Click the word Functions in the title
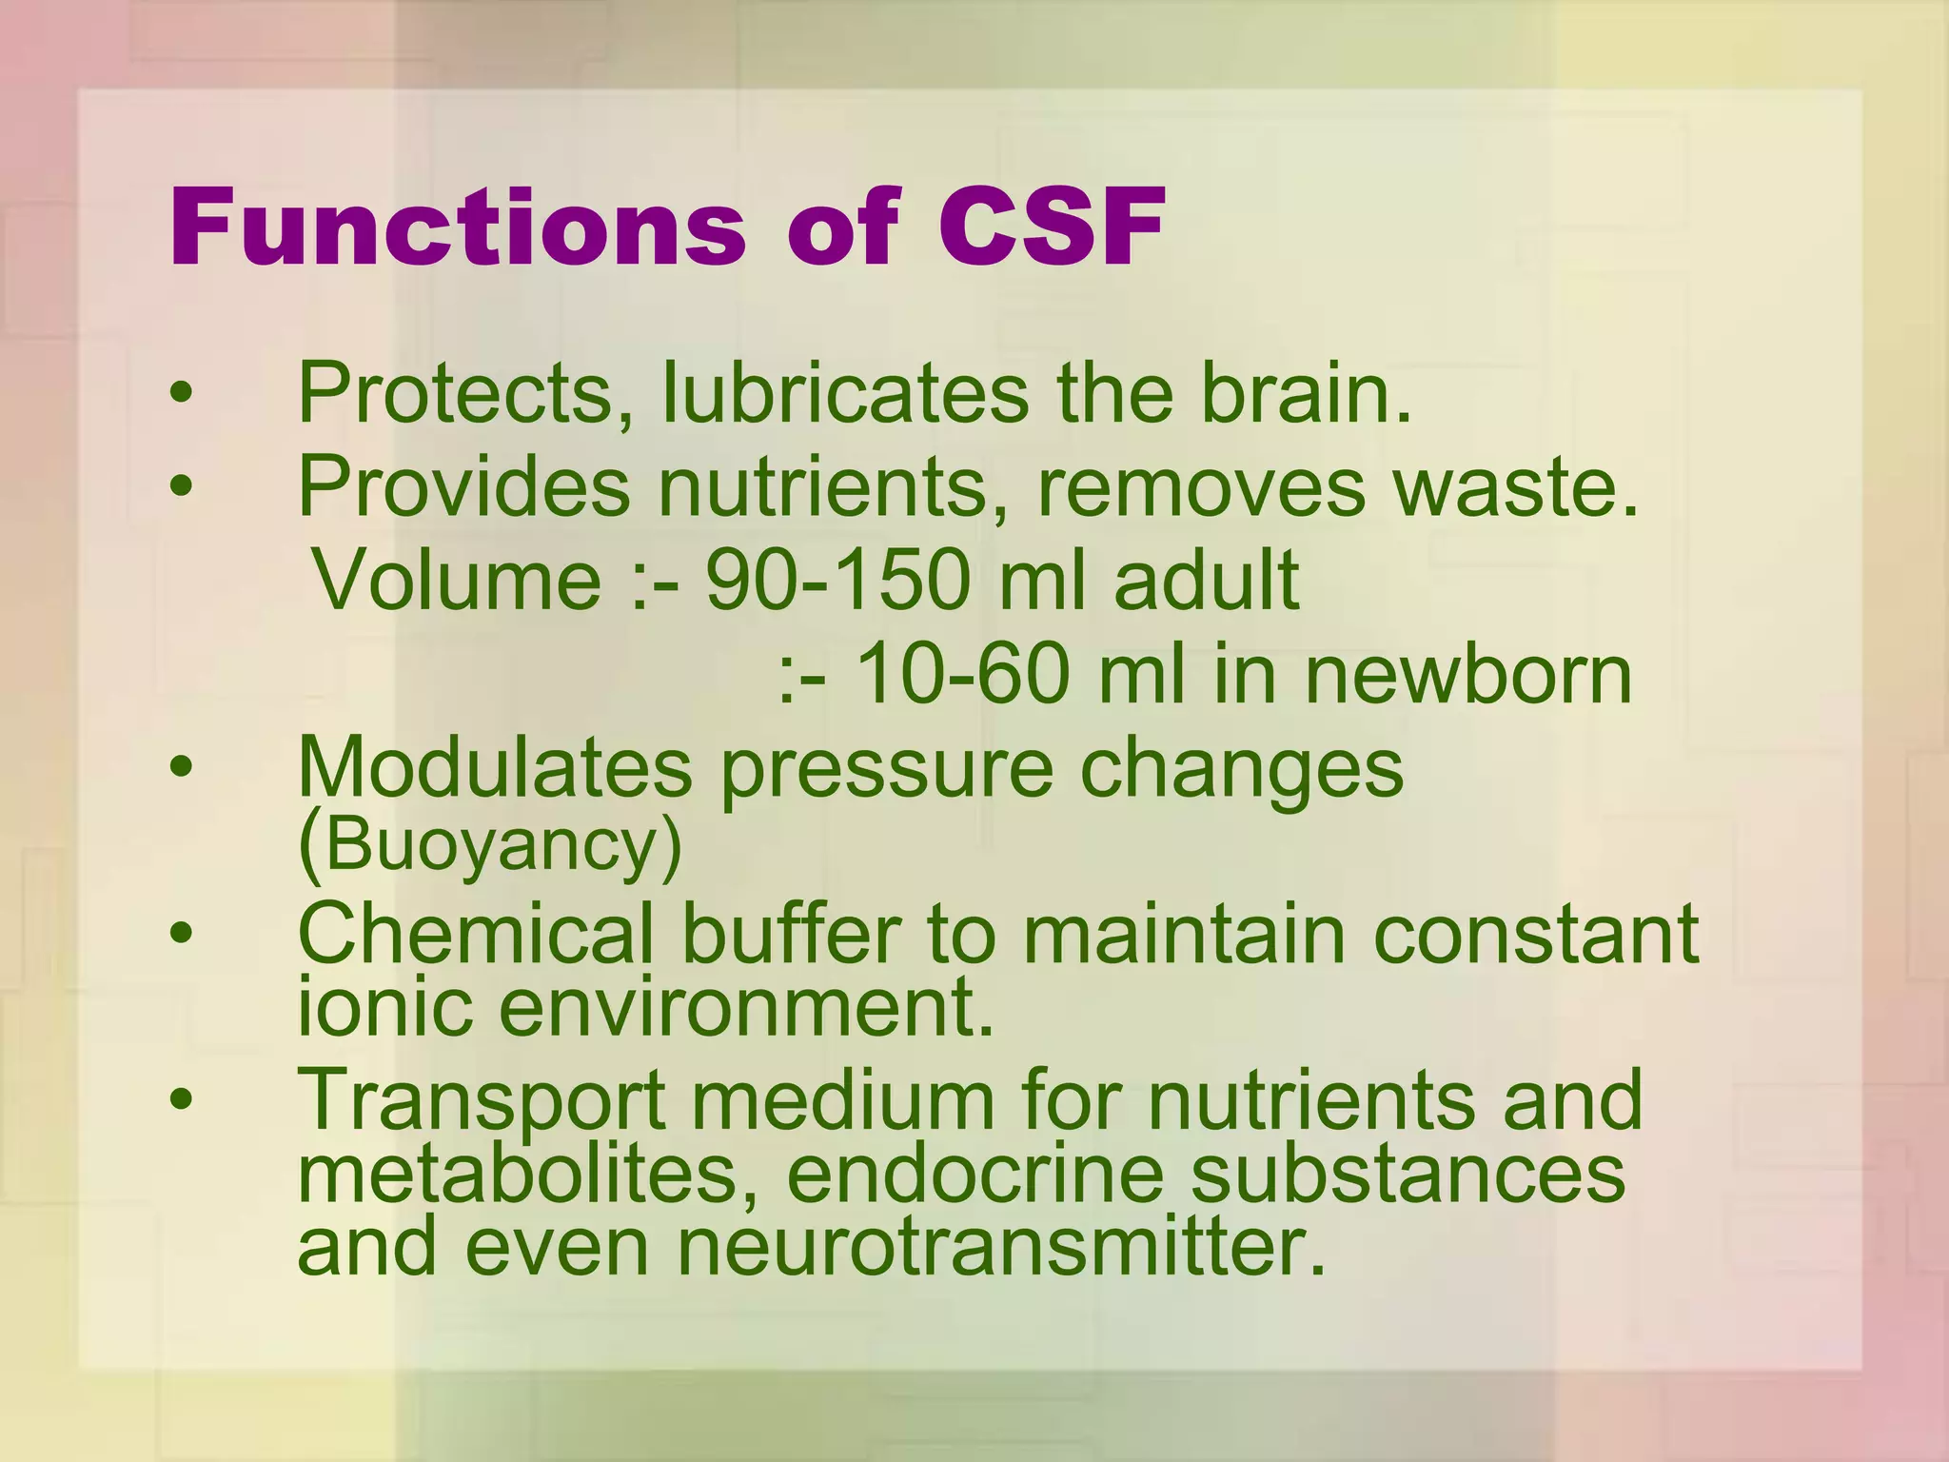click(x=457, y=228)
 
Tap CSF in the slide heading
click(x=1052, y=228)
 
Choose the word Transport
click(x=482, y=1099)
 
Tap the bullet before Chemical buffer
click(x=181, y=935)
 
